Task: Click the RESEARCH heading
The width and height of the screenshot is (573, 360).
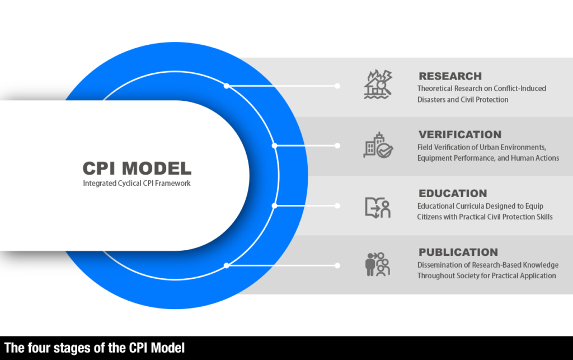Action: (450, 76)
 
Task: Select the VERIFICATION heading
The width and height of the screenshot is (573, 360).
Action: (460, 135)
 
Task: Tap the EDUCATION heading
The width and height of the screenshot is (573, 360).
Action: (453, 194)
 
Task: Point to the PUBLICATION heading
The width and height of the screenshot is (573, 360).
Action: (458, 253)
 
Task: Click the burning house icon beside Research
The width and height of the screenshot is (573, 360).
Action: (378, 85)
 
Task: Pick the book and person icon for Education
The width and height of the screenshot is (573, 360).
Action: (377, 207)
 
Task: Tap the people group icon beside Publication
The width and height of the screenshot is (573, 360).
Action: (377, 264)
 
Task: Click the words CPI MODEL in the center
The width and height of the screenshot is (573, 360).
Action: (137, 168)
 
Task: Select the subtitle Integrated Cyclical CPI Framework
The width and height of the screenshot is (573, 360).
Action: (137, 183)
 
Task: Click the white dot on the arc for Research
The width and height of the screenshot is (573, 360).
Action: (226, 86)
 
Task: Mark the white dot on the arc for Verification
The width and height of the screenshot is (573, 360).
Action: (274, 146)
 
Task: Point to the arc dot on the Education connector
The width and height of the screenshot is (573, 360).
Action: (274, 206)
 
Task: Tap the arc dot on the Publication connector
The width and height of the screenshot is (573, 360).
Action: (226, 265)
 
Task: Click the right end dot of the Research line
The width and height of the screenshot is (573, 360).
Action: (337, 86)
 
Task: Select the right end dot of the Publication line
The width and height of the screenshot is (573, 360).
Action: (337, 265)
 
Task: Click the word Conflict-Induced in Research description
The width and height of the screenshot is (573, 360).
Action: (520, 88)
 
